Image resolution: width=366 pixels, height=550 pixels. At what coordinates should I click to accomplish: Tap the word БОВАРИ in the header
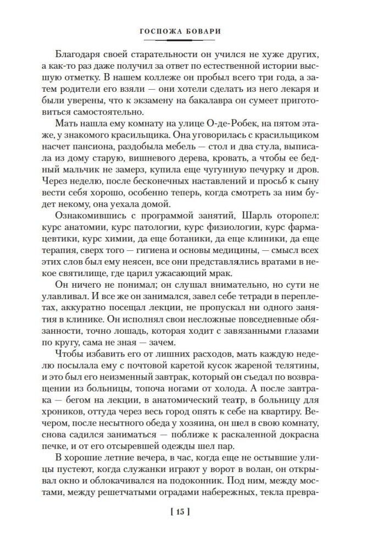204,31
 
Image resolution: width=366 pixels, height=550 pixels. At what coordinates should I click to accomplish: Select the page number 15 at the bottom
181,513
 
